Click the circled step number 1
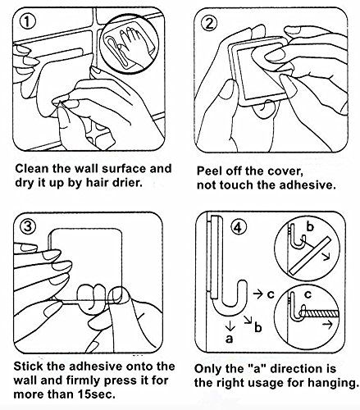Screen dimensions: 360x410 click(28, 21)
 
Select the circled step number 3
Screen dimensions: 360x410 click(28, 226)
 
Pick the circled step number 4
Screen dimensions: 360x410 click(239, 227)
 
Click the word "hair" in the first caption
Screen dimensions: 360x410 click(98, 182)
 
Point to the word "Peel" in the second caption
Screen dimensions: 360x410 click(209, 171)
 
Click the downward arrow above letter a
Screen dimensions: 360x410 click(230, 326)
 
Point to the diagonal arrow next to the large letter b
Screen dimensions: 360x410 click(248, 319)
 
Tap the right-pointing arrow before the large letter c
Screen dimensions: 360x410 click(257, 294)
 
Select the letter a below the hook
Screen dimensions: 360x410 click(230, 339)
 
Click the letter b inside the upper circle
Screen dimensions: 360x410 click(310, 226)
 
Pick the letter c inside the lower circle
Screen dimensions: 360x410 click(308, 294)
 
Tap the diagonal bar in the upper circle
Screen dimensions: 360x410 click(310, 256)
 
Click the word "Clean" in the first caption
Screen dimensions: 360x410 click(32, 168)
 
